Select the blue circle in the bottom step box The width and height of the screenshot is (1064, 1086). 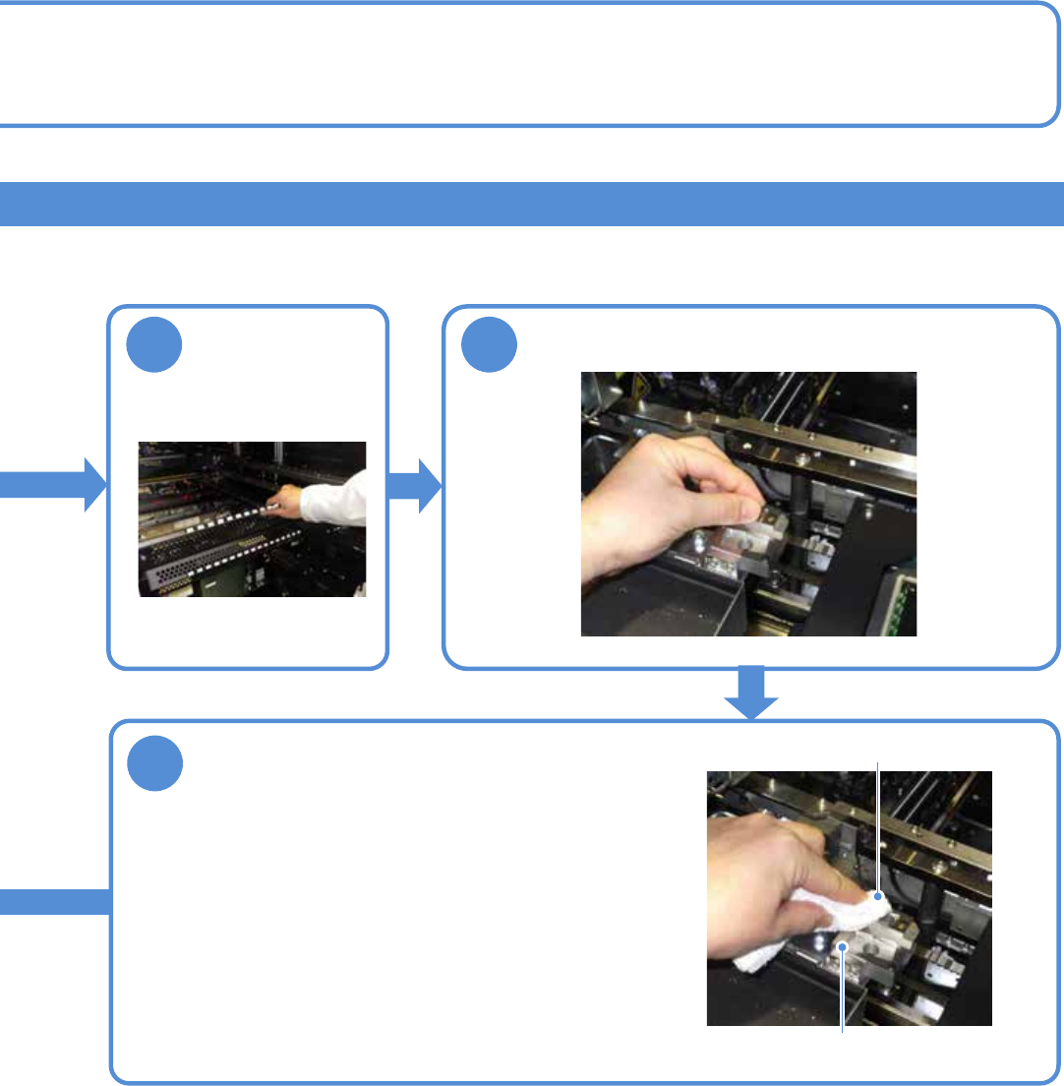[x=155, y=762]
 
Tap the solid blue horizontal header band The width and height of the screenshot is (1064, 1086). [x=531, y=204]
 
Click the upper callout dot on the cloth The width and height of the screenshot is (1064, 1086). [x=875, y=896]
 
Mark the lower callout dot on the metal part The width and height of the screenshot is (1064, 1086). [x=843, y=945]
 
